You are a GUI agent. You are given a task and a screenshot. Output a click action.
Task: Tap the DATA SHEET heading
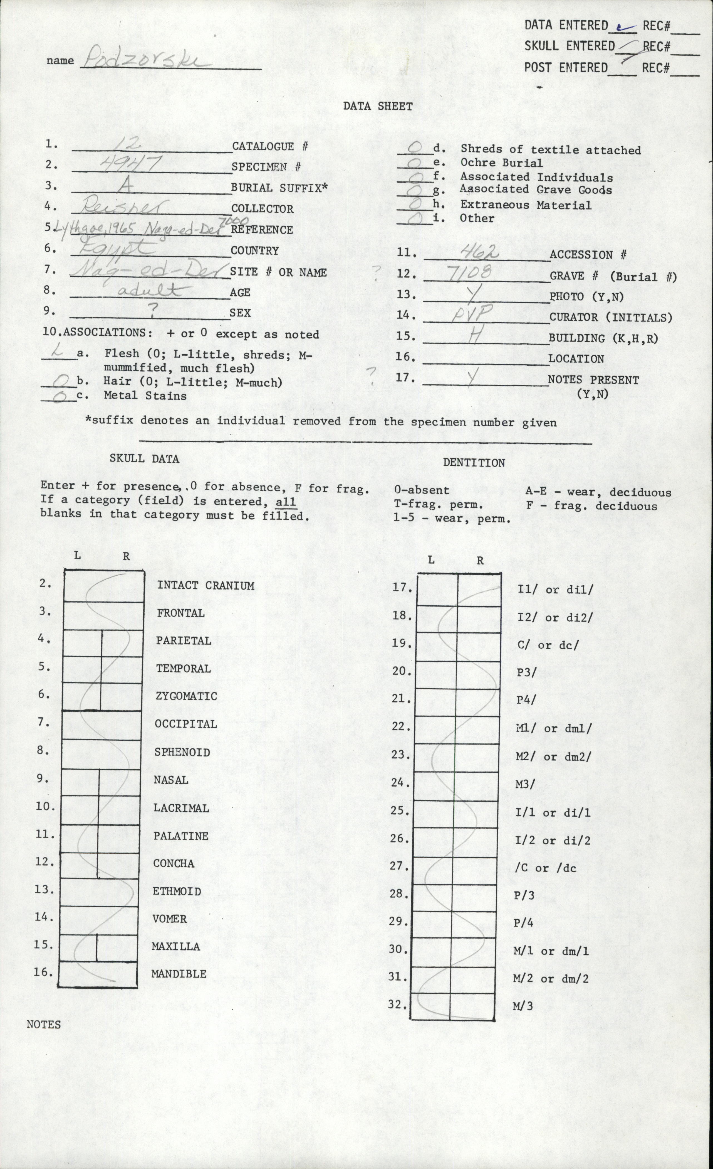pyautogui.click(x=378, y=106)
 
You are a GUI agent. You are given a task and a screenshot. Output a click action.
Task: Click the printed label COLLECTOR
pyautogui.click(x=262, y=209)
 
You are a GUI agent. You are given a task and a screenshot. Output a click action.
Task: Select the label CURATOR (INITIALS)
pyautogui.click(x=611, y=317)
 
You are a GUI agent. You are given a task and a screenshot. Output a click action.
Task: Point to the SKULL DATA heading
pyautogui.click(x=145, y=459)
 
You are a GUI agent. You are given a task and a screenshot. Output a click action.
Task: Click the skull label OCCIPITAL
pyautogui.click(x=185, y=724)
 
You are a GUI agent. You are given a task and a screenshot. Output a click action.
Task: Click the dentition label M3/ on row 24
pyautogui.click(x=525, y=784)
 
